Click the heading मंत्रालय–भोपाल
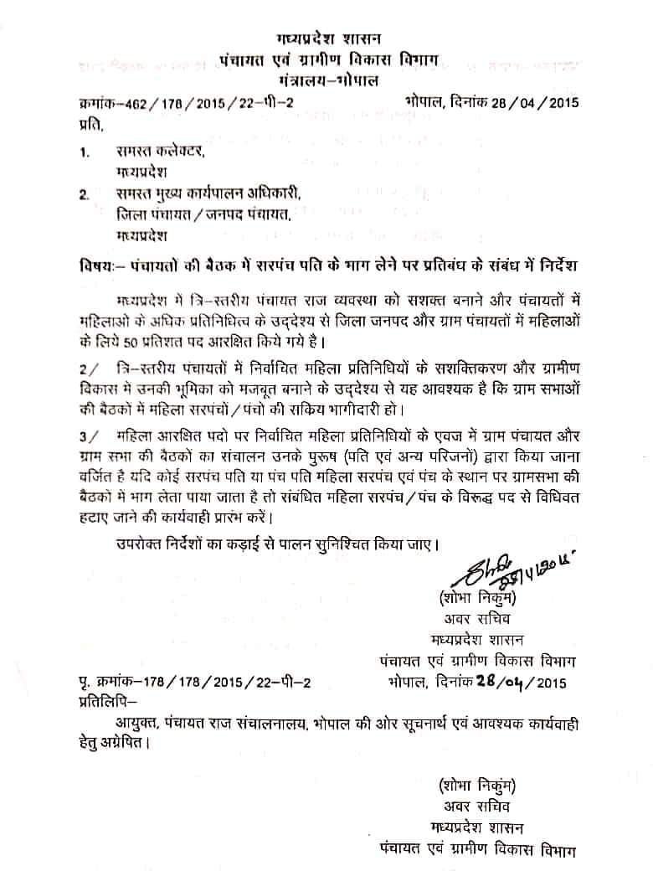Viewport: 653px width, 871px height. [327, 80]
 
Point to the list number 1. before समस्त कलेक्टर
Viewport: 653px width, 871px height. [85, 152]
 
